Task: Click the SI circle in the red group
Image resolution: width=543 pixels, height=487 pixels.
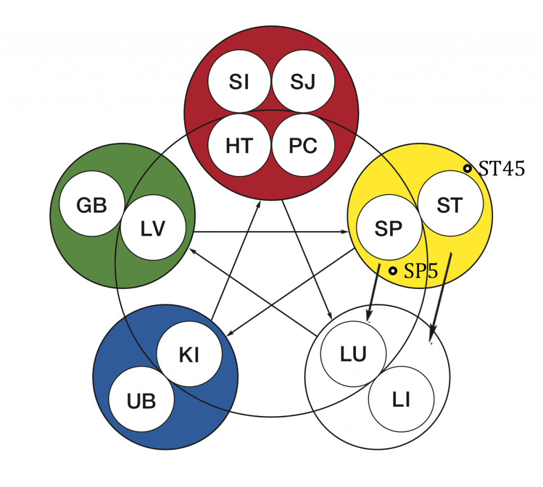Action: pos(239,81)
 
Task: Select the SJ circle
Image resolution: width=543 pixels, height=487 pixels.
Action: pos(303,81)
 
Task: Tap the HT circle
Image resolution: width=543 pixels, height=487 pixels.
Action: pos(239,145)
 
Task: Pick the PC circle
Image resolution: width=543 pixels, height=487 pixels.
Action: pos(303,145)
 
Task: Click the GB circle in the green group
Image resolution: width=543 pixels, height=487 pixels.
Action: pos(92,204)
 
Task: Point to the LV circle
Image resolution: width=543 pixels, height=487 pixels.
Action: pos(153,227)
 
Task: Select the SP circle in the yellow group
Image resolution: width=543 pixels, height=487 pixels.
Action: pos(389,227)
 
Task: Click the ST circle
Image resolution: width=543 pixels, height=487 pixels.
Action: pos(450,204)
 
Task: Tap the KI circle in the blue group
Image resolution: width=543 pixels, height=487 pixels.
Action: pos(189,354)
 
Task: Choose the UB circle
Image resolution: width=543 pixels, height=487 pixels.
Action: pos(141,399)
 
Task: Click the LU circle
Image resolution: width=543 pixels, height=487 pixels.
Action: pos(353,354)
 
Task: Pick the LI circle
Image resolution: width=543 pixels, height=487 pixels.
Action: pos(401,399)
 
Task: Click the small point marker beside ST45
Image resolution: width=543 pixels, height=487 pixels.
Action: pos(468,169)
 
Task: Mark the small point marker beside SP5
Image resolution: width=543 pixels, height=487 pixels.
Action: pos(392,271)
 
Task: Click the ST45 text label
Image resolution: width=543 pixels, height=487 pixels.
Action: pos(502,169)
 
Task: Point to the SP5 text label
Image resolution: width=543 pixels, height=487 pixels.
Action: pos(421,271)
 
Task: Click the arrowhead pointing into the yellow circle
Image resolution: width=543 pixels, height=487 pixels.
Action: pos(345,232)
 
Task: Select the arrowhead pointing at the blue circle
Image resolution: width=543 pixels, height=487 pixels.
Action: pos(230,333)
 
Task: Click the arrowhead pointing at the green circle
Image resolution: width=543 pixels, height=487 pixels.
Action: pos(193,251)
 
